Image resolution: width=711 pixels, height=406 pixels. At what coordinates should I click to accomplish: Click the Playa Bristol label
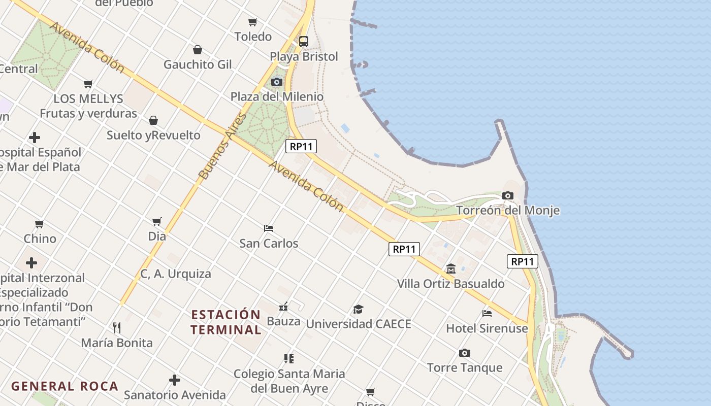[304, 56]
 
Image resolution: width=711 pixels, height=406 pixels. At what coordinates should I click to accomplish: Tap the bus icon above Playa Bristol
[304, 42]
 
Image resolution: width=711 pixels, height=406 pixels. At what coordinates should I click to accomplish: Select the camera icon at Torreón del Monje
[507, 195]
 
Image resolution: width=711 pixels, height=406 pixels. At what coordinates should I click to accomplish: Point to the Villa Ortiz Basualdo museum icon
[451, 268]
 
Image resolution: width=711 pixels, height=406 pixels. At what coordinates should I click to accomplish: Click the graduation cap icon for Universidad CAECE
[359, 309]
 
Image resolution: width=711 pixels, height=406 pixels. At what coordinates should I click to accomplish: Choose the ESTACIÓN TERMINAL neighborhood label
[226, 322]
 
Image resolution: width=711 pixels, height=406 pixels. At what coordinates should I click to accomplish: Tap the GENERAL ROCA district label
[64, 386]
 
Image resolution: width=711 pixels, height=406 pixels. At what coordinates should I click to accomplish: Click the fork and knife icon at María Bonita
[117, 327]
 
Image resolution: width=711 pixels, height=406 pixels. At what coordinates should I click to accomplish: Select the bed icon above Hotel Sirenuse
[487, 313]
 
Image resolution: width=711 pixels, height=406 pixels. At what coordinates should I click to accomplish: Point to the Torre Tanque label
[465, 367]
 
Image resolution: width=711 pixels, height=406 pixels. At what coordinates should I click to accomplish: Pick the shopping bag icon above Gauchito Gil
[198, 50]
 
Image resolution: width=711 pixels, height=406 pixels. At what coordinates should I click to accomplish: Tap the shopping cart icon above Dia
[157, 221]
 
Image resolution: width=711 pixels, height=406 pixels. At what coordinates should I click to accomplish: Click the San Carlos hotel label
[269, 243]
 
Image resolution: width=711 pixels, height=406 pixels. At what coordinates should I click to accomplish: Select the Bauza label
[283, 321]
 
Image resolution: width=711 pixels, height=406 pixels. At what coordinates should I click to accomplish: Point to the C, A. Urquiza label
[176, 274]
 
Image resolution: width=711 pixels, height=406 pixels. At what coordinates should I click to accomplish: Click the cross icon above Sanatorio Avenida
[175, 380]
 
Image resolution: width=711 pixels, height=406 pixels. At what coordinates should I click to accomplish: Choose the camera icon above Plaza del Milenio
[277, 82]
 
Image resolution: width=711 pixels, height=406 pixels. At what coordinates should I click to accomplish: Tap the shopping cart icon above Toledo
[253, 22]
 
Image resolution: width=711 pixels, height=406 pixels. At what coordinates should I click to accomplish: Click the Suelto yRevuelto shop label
[153, 136]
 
